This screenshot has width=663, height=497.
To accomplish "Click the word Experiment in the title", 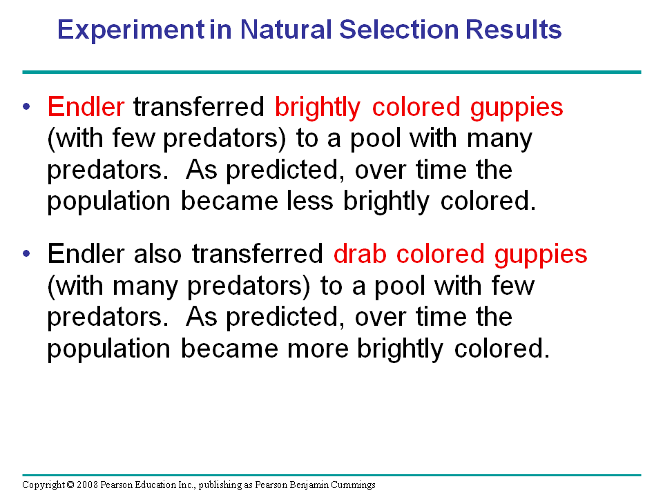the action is click(x=131, y=30).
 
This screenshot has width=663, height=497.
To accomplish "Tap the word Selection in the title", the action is click(x=398, y=30).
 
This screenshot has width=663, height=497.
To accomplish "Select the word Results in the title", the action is click(x=513, y=30).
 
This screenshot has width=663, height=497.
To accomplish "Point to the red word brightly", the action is click(x=318, y=108).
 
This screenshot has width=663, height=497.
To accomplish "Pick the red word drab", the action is click(x=360, y=254).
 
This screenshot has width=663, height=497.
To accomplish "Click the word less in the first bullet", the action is click(x=310, y=200).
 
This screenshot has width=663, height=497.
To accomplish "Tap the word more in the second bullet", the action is click(x=318, y=349).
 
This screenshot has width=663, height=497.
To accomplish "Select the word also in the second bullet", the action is click(x=157, y=254).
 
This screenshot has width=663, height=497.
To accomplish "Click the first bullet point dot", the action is click(x=27, y=106).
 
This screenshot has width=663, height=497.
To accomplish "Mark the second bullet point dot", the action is click(x=27, y=253).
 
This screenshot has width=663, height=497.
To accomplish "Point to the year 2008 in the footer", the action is click(x=87, y=485).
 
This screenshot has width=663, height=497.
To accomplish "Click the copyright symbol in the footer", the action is click(x=70, y=485).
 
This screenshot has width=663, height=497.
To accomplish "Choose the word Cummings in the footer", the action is click(x=353, y=485).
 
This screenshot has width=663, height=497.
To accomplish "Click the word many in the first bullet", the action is click(x=499, y=139).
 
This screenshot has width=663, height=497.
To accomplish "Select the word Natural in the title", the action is click(x=286, y=30).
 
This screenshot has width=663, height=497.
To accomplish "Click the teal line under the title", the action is click(x=331, y=72).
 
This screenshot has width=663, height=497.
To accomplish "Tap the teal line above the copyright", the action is click(x=331, y=476).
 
